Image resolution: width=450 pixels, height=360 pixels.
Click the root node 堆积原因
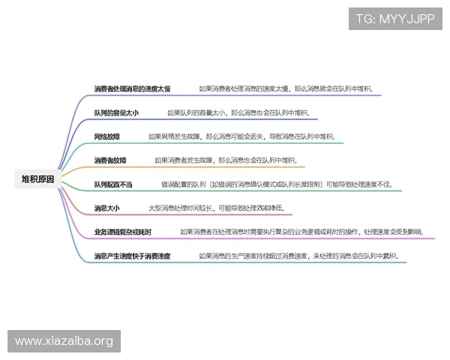pos(37,178)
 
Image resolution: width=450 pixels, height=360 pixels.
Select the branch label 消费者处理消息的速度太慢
pos(132,88)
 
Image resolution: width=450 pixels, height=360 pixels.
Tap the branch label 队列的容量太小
pos(116,112)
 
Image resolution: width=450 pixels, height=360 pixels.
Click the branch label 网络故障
pos(107,136)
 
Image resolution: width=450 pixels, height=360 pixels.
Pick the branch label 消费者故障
pos(110,160)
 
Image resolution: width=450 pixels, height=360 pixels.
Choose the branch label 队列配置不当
pos(113,184)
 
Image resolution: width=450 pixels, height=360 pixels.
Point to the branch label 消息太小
pos(107,208)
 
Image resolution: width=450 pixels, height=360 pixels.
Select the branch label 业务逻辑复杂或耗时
pos(123,232)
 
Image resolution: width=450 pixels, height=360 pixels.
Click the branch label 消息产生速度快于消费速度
pos(132,256)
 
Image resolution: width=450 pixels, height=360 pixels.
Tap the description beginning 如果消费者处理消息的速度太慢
pos(289,88)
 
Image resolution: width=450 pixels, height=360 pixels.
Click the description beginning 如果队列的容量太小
pos(238,112)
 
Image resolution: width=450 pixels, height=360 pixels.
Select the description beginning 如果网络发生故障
pos(241,136)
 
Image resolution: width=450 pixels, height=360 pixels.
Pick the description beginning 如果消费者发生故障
pos(226,160)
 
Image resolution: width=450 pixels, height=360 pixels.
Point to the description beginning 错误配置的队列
pos(287,184)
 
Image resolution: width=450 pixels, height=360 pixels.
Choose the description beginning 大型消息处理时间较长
pos(216,208)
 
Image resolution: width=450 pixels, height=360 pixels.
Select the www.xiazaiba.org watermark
pos(64,341)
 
